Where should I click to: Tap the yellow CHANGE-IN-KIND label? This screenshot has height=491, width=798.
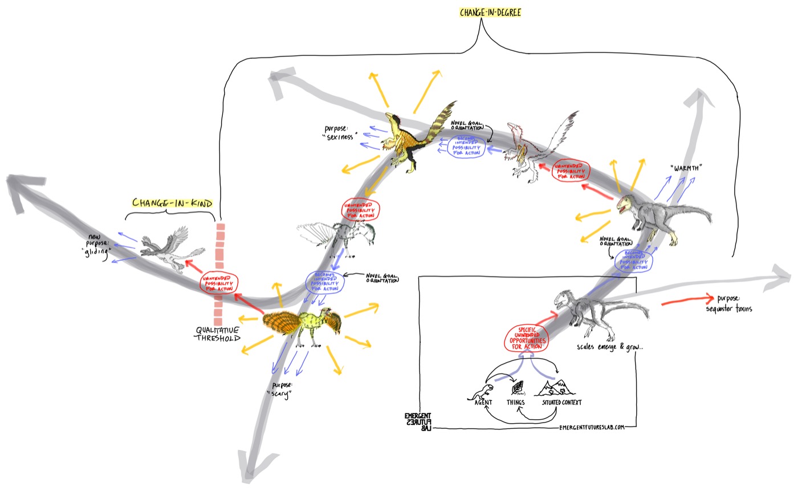tap(172, 203)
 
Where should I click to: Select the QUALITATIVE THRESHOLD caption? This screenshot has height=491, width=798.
tap(218, 334)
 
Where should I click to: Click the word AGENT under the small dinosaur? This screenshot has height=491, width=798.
tap(483, 402)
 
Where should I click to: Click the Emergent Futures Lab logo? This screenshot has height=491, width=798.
tap(417, 421)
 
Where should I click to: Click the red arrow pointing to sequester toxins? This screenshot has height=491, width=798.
tap(687, 301)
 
